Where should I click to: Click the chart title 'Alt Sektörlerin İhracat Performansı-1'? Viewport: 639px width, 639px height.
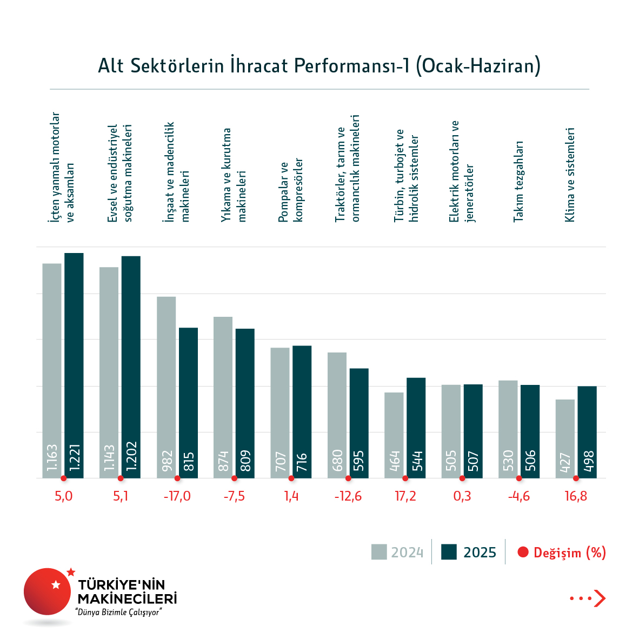[319, 66]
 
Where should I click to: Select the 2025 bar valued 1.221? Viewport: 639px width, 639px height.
[74, 365]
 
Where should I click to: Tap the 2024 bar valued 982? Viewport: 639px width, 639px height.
[167, 387]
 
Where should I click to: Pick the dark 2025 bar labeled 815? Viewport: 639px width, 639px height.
[188, 403]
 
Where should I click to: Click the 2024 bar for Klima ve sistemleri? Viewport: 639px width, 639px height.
[565, 438]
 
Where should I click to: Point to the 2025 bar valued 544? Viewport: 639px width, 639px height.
[416, 427]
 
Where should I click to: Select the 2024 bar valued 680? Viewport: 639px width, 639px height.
[337, 415]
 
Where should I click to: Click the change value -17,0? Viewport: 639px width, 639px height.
[177, 496]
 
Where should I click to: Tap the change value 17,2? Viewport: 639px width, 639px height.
[405, 496]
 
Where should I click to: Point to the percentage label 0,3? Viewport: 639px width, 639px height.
[462, 496]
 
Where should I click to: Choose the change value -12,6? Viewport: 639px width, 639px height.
[348, 496]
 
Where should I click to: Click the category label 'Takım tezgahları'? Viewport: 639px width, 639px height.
[518, 181]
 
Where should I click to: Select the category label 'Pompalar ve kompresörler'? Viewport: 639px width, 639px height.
[291, 190]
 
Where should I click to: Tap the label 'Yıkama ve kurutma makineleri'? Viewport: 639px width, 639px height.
[234, 175]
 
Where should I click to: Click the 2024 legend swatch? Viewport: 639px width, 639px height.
[379, 552]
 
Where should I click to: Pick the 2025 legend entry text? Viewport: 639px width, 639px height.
[480, 553]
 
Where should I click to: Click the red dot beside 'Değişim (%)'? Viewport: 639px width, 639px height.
[523, 553]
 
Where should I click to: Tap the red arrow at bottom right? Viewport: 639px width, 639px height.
[599, 598]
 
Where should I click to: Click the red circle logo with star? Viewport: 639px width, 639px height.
[48, 591]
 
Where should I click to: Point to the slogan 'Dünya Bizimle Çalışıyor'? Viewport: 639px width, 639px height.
[119, 612]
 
